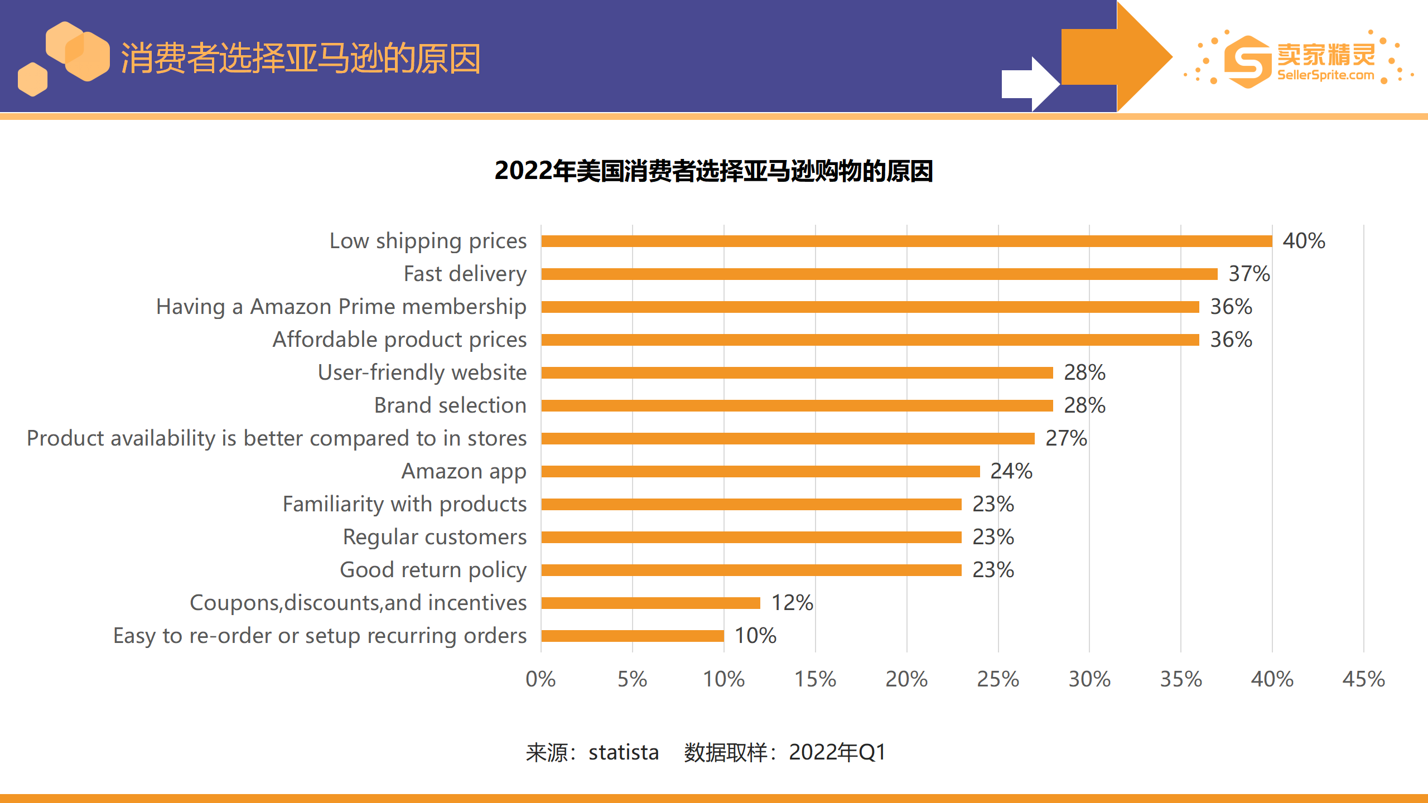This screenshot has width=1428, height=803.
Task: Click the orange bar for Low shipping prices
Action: coord(906,241)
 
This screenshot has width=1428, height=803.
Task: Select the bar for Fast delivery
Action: coord(879,274)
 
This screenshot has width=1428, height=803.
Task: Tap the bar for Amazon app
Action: coord(760,471)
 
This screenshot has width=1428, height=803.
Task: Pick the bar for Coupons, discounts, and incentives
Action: coord(650,603)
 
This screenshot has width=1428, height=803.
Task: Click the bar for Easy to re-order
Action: coord(632,636)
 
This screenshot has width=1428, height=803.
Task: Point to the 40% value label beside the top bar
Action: coord(1304,241)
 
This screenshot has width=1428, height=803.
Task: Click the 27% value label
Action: coord(1066,438)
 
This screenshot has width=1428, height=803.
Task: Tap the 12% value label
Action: coord(792,603)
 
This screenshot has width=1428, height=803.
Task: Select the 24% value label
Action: coord(1011,471)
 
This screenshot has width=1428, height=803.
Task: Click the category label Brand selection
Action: coord(450,405)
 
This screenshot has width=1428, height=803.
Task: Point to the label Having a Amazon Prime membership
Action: coord(341,307)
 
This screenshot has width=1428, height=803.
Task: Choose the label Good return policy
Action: coord(433,570)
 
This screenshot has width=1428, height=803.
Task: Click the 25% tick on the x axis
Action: coord(998,679)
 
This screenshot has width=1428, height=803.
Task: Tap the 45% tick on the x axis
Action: coord(1363,679)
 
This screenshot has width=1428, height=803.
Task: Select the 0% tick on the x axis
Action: coord(541,679)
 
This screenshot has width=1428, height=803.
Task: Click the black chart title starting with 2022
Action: coord(713,171)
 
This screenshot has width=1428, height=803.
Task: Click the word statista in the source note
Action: coord(624,752)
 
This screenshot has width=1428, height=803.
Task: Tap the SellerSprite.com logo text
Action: coord(1325,75)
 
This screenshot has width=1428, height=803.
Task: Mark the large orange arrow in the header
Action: coord(1116,56)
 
